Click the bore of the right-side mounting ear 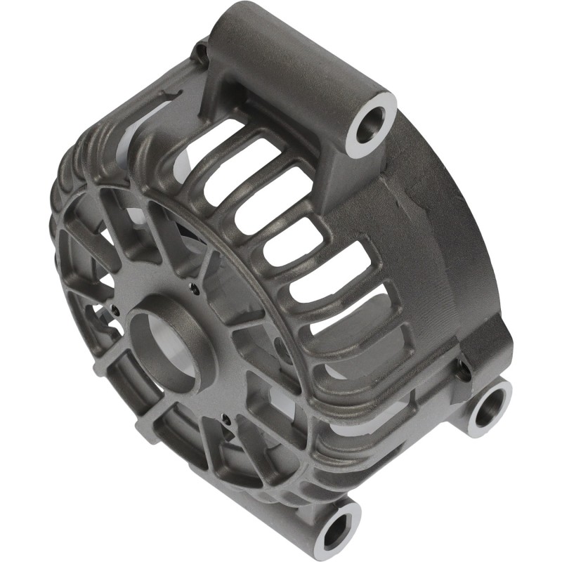tap(487, 408)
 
